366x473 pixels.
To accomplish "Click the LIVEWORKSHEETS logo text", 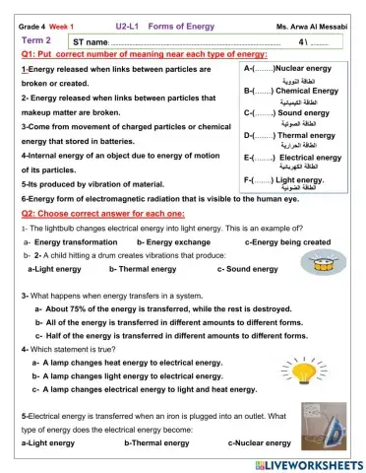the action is coord(315,463).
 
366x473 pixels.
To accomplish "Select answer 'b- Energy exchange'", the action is coord(173,241).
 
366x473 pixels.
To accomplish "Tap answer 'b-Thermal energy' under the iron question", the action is coord(156,443).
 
